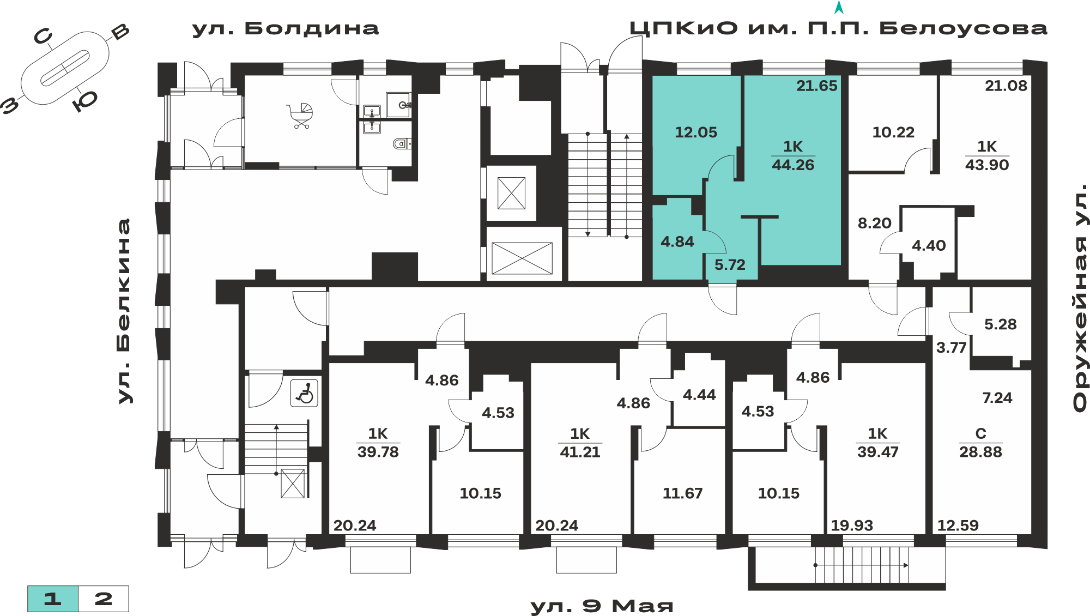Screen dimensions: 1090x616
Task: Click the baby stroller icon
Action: tap(301, 116)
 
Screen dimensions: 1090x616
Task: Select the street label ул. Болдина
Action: tap(285, 28)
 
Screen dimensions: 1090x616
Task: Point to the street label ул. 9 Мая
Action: tap(602, 606)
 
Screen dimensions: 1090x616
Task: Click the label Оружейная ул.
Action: tap(1080, 298)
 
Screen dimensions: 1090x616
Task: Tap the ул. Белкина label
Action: tap(124, 311)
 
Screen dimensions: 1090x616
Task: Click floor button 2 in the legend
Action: tap(104, 599)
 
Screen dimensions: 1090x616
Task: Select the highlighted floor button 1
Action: tap(53, 599)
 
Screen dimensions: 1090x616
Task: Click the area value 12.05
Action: tap(696, 132)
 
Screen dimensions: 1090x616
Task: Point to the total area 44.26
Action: tap(793, 165)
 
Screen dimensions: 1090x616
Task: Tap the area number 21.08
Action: tap(1006, 86)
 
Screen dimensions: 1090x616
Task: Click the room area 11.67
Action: tap(682, 493)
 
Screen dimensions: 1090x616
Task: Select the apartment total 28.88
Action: tap(980, 452)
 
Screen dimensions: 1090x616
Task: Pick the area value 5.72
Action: tap(730, 265)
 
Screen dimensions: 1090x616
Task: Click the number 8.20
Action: tap(875, 223)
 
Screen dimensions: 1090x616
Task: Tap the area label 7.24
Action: tap(997, 398)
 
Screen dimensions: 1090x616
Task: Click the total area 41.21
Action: tap(580, 452)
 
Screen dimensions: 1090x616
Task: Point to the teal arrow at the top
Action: tap(839, 8)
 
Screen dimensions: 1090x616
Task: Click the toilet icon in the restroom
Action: tap(402, 144)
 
